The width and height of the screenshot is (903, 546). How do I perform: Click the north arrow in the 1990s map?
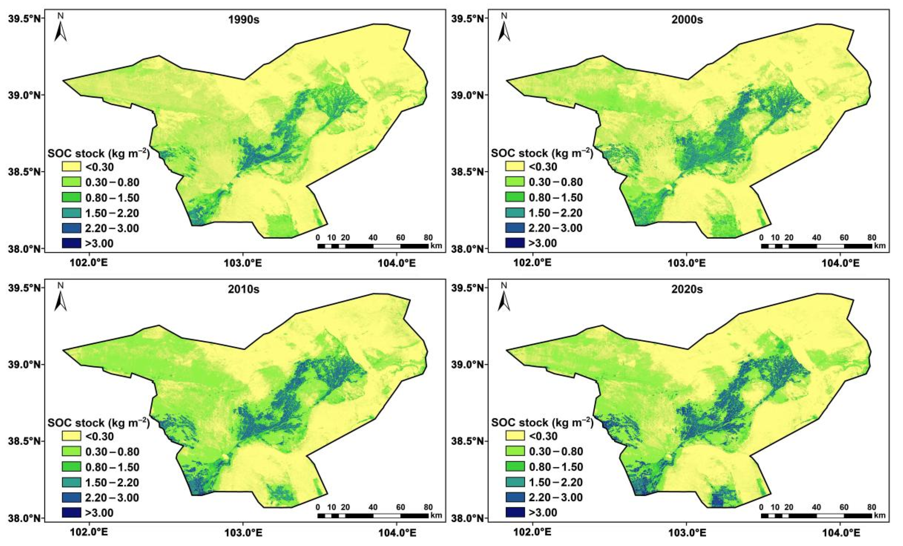(x=61, y=28)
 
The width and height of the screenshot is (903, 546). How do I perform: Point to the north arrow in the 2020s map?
(x=504, y=298)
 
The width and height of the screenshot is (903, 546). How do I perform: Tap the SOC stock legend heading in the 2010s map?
(x=98, y=423)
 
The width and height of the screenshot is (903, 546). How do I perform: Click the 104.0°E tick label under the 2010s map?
(x=396, y=533)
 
